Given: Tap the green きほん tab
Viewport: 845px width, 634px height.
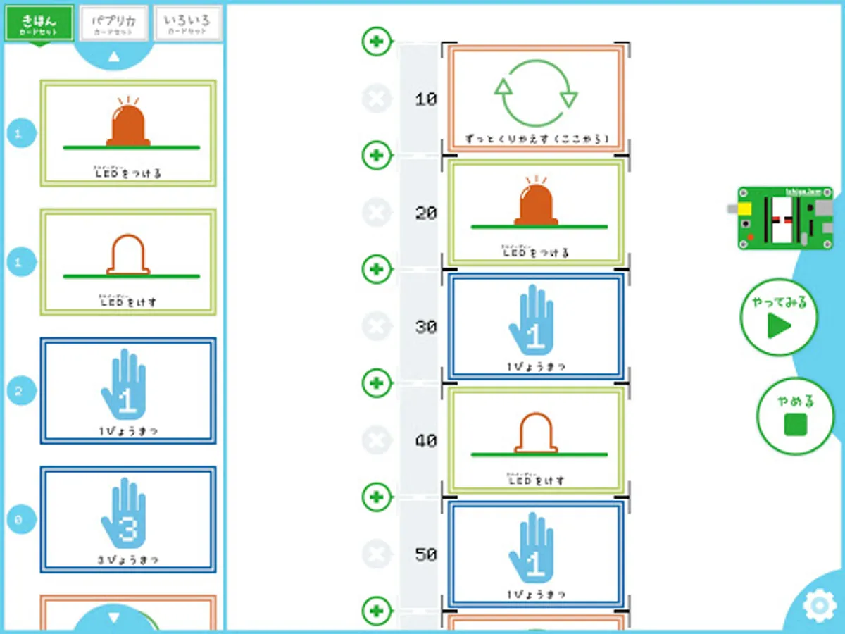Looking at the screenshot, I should pyautogui.click(x=39, y=24).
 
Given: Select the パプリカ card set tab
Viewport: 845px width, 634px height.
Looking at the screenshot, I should pyautogui.click(x=114, y=24).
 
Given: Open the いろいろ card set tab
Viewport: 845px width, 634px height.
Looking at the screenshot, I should pyautogui.click(x=187, y=24).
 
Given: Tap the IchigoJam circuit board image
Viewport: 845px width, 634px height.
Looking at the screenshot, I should pyautogui.click(x=784, y=218).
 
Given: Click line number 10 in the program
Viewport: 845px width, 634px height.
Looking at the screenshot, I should pyautogui.click(x=426, y=100).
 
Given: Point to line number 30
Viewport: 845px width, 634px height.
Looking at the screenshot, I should pyautogui.click(x=426, y=328).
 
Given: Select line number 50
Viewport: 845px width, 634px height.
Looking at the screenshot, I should pyautogui.click(x=426, y=555).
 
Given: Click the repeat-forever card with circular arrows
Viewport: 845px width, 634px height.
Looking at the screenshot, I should pyautogui.click(x=536, y=99).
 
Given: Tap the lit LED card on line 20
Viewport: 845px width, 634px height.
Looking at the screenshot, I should pyautogui.click(x=536, y=213).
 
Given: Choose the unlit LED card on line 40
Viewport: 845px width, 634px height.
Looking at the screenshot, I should pyautogui.click(x=536, y=440).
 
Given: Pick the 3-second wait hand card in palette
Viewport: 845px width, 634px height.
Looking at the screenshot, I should pyautogui.click(x=128, y=519).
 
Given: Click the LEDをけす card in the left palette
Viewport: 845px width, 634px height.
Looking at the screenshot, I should pyautogui.click(x=128, y=261).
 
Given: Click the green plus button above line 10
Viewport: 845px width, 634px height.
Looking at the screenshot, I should pyautogui.click(x=377, y=42).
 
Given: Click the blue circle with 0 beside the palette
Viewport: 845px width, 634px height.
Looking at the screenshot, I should pyautogui.click(x=20, y=520).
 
